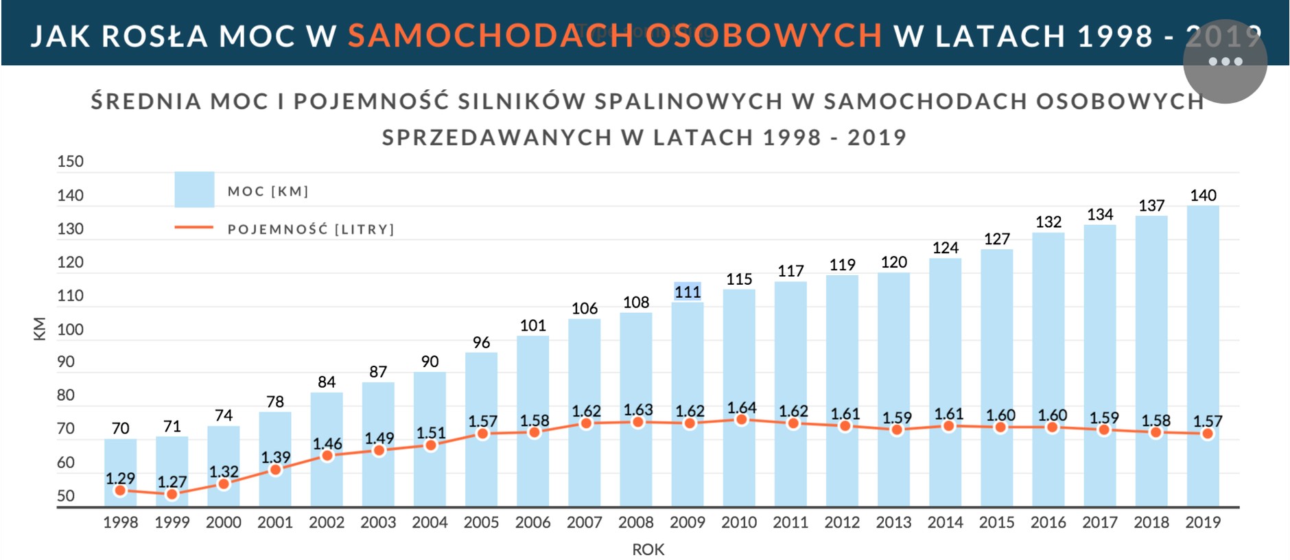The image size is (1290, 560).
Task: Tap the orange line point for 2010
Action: pos(741,420)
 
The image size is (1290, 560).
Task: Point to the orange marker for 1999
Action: pos(172,494)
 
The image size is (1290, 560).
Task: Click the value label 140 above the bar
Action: pos(1203,196)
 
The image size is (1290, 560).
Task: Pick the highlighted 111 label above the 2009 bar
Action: pos(688,292)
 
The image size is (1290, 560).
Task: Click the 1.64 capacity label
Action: pos(741,408)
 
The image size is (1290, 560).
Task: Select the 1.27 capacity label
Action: pos(172,482)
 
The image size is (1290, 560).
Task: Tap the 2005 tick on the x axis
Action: pos(481,523)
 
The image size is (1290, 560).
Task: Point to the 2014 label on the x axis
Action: pos(945,523)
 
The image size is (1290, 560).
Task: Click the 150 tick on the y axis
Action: pos(70,162)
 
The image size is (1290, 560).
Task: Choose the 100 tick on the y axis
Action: pos(70,329)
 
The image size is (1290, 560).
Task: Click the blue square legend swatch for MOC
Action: pos(194,189)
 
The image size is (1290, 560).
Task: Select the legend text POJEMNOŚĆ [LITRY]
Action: pos(311,229)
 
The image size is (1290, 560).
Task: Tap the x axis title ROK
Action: pos(648,550)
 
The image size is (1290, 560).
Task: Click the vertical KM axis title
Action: pos(40,329)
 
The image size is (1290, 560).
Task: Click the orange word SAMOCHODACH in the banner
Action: pos(491,36)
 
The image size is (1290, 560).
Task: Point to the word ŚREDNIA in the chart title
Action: pos(145,102)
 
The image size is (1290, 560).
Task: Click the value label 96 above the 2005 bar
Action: pos(481,342)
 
